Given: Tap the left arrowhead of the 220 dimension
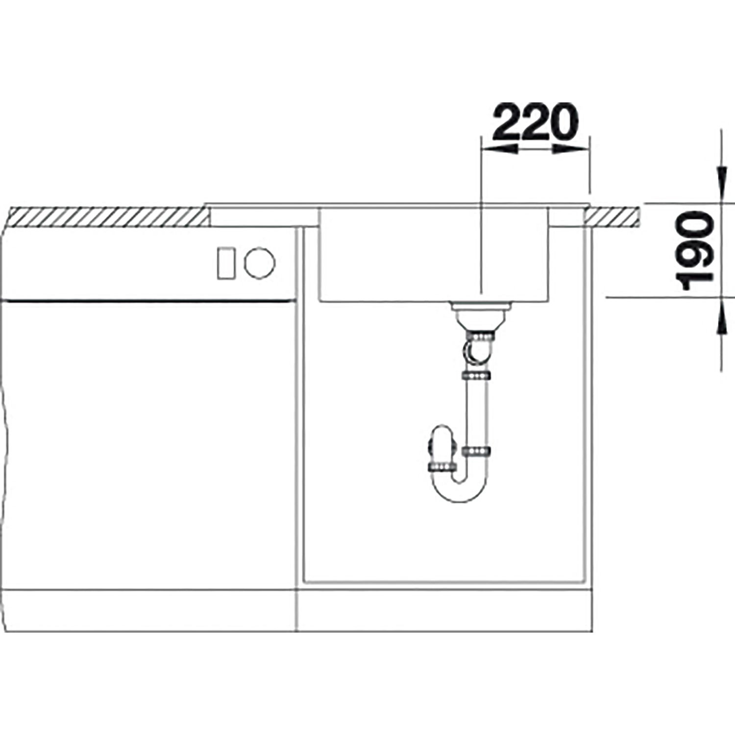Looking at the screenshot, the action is pyautogui.click(x=500, y=150).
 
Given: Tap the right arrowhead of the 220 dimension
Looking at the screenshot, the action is pyautogui.click(x=570, y=150).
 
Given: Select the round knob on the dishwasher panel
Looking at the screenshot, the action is pyautogui.click(x=260, y=263).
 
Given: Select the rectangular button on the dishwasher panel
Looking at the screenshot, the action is pyautogui.click(x=227, y=263).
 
